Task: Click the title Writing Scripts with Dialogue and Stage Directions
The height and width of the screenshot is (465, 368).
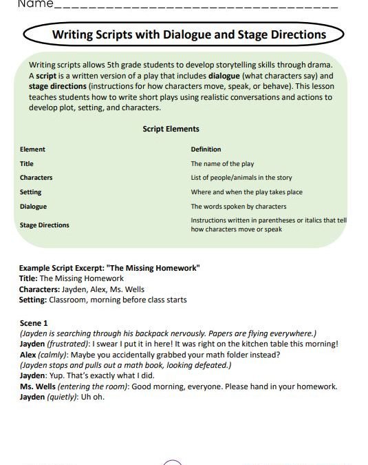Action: [x=189, y=34]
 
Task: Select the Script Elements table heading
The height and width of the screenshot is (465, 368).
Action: [x=171, y=129]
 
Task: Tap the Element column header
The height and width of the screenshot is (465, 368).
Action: [x=32, y=149]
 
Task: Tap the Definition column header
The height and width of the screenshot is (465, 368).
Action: [x=206, y=149]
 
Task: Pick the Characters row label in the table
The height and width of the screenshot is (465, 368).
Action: [x=36, y=178]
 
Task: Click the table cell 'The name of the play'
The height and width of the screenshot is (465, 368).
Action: [x=222, y=164]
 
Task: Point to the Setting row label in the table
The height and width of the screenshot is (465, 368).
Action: [x=30, y=192]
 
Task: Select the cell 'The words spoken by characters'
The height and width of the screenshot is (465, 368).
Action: [x=238, y=207]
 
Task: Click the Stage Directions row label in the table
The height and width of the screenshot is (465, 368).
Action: [x=44, y=225]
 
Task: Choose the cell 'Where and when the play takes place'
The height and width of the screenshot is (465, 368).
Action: [x=246, y=192]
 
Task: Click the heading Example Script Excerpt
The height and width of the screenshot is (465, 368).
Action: [x=110, y=268]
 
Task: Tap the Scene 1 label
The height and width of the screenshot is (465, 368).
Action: [x=34, y=322]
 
